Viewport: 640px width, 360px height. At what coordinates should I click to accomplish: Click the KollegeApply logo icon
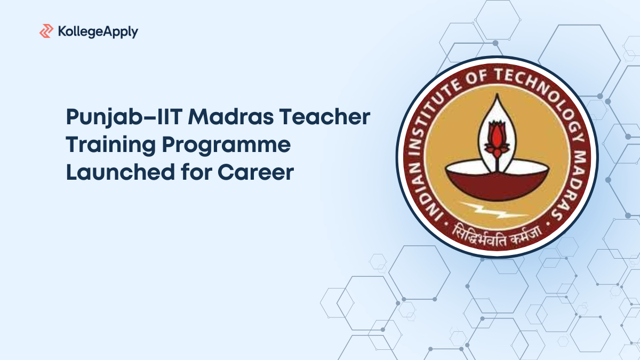pyautogui.click(x=46, y=31)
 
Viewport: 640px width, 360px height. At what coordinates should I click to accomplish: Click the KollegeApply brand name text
pyautogui.click(x=97, y=31)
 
